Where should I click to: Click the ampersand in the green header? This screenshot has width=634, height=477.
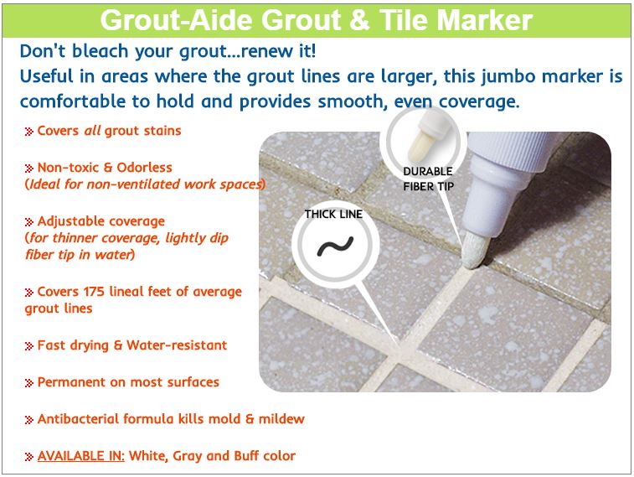pyautogui.click(x=358, y=20)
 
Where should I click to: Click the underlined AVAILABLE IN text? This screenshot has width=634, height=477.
pyautogui.click(x=81, y=456)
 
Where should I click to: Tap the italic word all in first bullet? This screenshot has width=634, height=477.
pyautogui.click(x=92, y=131)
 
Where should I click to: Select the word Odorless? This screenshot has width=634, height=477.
pyautogui.click(x=144, y=168)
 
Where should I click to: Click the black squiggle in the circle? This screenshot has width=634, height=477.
pyautogui.click(x=335, y=246)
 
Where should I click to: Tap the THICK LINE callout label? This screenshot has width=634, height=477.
pyautogui.click(x=333, y=214)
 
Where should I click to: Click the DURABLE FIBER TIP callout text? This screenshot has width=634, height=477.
pyautogui.click(x=428, y=179)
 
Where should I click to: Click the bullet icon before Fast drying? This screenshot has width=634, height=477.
pyautogui.click(x=28, y=346)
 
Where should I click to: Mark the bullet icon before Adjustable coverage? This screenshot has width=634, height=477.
pyautogui.click(x=28, y=222)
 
